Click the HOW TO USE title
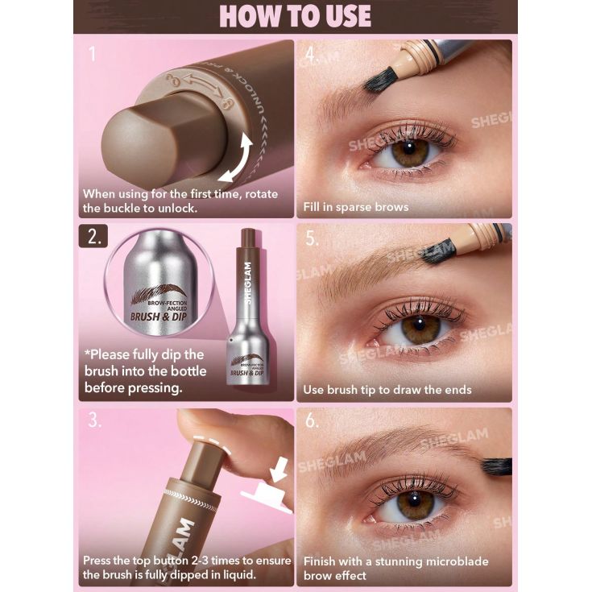point(296,16)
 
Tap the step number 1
point(93,54)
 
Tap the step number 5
point(312,239)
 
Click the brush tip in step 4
point(378,78)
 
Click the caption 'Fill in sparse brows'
point(355,207)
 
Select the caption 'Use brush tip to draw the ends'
point(387,390)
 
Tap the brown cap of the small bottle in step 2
point(248,239)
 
